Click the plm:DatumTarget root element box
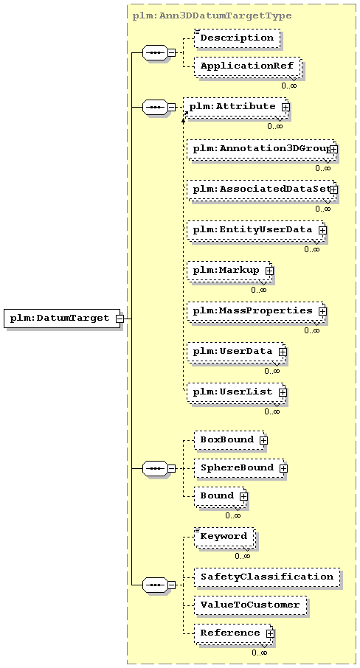tap(62, 319)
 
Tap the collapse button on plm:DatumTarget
tap(120, 319)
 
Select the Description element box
tap(238, 38)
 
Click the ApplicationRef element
tap(248, 67)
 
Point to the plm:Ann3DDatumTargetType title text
tap(212, 15)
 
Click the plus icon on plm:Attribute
tap(285, 107)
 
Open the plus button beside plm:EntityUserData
tap(322, 230)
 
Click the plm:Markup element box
tap(229, 271)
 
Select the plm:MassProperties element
tap(256, 311)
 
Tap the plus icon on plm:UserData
tap(283, 352)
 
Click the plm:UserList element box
tap(237, 392)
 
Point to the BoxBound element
tap(230, 440)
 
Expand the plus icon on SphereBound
tap(283, 468)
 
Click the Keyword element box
tap(225, 537)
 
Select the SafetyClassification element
tap(267, 577)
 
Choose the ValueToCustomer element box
tap(251, 605)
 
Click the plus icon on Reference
tap(270, 633)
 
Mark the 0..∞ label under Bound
tap(233, 516)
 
